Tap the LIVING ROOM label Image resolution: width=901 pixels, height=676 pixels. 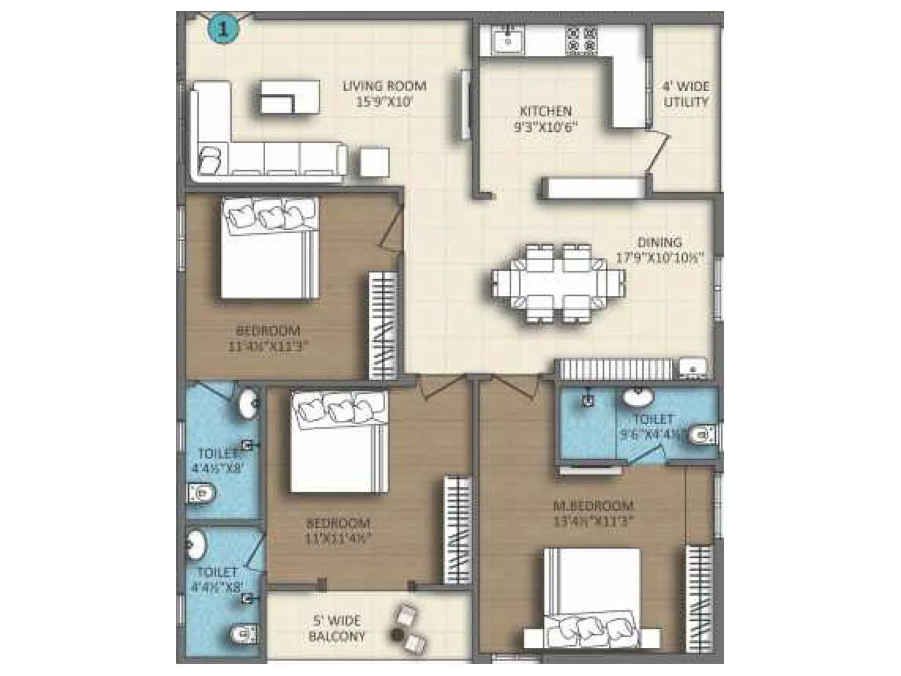pos(384,86)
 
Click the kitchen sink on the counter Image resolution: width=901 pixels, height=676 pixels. pos(508,39)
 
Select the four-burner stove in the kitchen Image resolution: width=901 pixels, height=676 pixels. pos(581,39)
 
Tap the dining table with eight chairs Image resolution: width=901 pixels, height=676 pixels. pos(557,283)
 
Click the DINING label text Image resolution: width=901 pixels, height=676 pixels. pos(659,242)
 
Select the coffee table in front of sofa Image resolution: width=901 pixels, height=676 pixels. pos(289,97)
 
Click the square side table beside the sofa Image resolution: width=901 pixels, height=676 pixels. pos(373,162)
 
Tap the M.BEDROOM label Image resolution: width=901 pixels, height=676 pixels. pos(592,505)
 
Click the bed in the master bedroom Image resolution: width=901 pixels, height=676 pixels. pos(592,597)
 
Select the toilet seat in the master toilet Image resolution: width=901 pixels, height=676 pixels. pos(702,434)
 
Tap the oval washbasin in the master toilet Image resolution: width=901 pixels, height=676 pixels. pos(638,397)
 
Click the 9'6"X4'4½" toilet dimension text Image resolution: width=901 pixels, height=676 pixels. pos(652,434)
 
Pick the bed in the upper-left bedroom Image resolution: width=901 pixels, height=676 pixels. pos(270,248)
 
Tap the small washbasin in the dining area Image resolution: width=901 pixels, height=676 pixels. pos(693,368)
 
